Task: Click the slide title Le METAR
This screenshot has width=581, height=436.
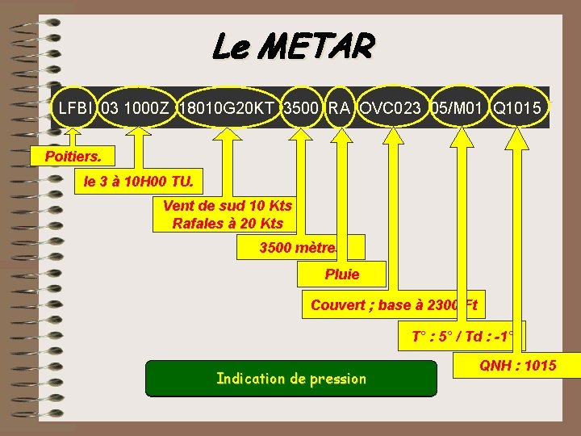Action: point(292,47)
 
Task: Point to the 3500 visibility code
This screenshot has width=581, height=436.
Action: point(301,107)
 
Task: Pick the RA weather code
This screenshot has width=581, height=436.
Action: point(339,107)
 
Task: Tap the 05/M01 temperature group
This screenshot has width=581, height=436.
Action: point(458,107)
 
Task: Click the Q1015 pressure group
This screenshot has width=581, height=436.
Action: point(517,107)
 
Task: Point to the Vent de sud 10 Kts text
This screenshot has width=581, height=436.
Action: point(228,206)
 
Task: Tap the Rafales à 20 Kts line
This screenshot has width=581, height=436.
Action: point(228,224)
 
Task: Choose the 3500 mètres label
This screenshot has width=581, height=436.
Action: point(300,247)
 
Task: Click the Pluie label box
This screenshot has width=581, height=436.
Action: point(341,275)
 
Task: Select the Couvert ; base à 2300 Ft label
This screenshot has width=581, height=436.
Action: point(394,305)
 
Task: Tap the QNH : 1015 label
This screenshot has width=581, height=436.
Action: point(517,366)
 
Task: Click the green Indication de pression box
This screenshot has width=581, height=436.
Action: point(291,379)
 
